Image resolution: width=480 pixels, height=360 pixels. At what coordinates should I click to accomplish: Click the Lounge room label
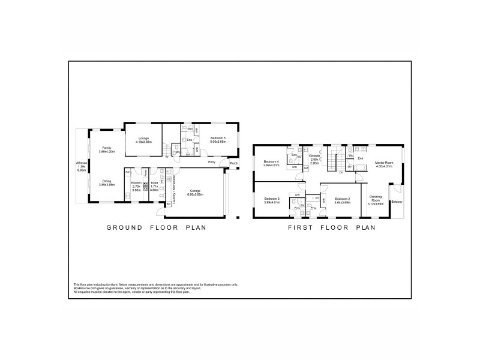143,137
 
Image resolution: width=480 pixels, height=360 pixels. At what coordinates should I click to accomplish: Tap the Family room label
107,148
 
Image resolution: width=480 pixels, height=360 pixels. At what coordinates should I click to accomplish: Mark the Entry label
212,162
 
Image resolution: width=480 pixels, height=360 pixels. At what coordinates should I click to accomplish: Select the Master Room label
383,162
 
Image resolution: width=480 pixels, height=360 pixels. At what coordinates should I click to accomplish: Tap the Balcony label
397,202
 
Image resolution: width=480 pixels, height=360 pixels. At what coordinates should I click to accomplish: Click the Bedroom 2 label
342,199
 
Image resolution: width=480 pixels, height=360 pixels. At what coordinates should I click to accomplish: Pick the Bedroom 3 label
272,199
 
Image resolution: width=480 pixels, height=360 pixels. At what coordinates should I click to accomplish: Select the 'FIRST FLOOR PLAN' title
332,227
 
